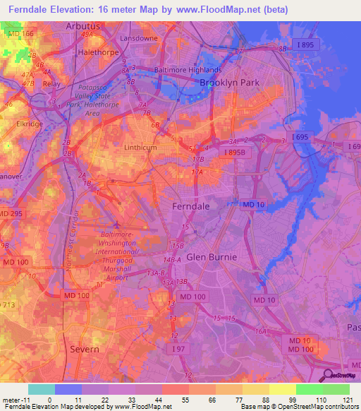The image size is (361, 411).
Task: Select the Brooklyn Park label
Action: click(229, 83)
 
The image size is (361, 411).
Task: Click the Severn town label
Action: click(84, 349)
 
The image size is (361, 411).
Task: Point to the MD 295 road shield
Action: click(12, 213)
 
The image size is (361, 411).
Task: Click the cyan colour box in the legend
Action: click(41, 389)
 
